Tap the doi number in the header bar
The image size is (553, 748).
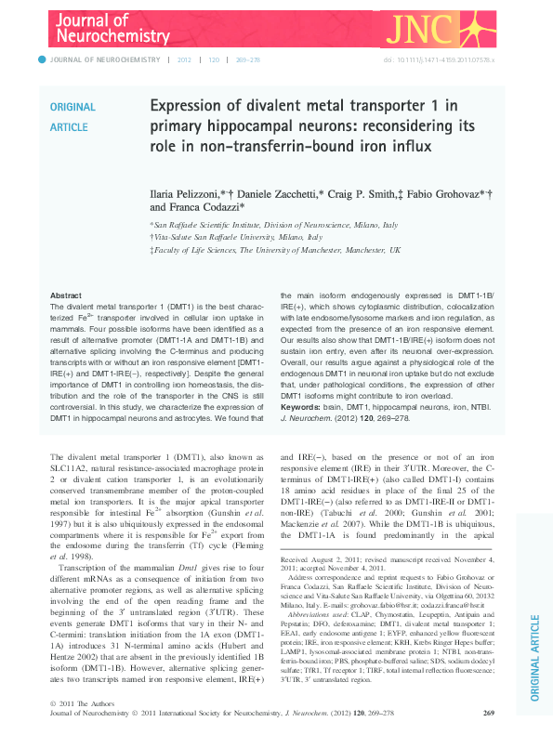pyautogui.click(x=442, y=59)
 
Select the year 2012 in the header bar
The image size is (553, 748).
pyautogui.click(x=184, y=59)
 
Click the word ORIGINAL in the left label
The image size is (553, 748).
pyautogui.click(x=72, y=108)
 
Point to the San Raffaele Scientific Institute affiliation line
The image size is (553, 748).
pyautogui.click(x=274, y=225)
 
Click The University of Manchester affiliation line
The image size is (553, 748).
pyautogui.click(x=277, y=250)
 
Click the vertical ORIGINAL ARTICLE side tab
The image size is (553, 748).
pyautogui.click(x=534, y=661)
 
